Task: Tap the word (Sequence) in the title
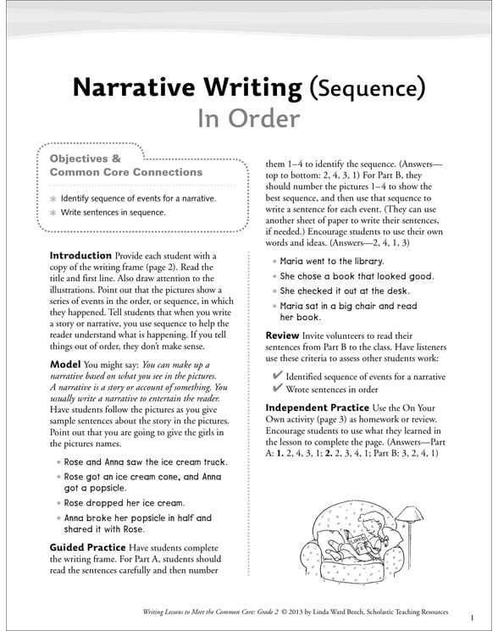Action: pos(367,87)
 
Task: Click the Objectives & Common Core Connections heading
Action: pos(106,165)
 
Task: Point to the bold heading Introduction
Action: pos(80,255)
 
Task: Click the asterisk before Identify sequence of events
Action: pos(53,198)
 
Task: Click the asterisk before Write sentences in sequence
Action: pos(53,213)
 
